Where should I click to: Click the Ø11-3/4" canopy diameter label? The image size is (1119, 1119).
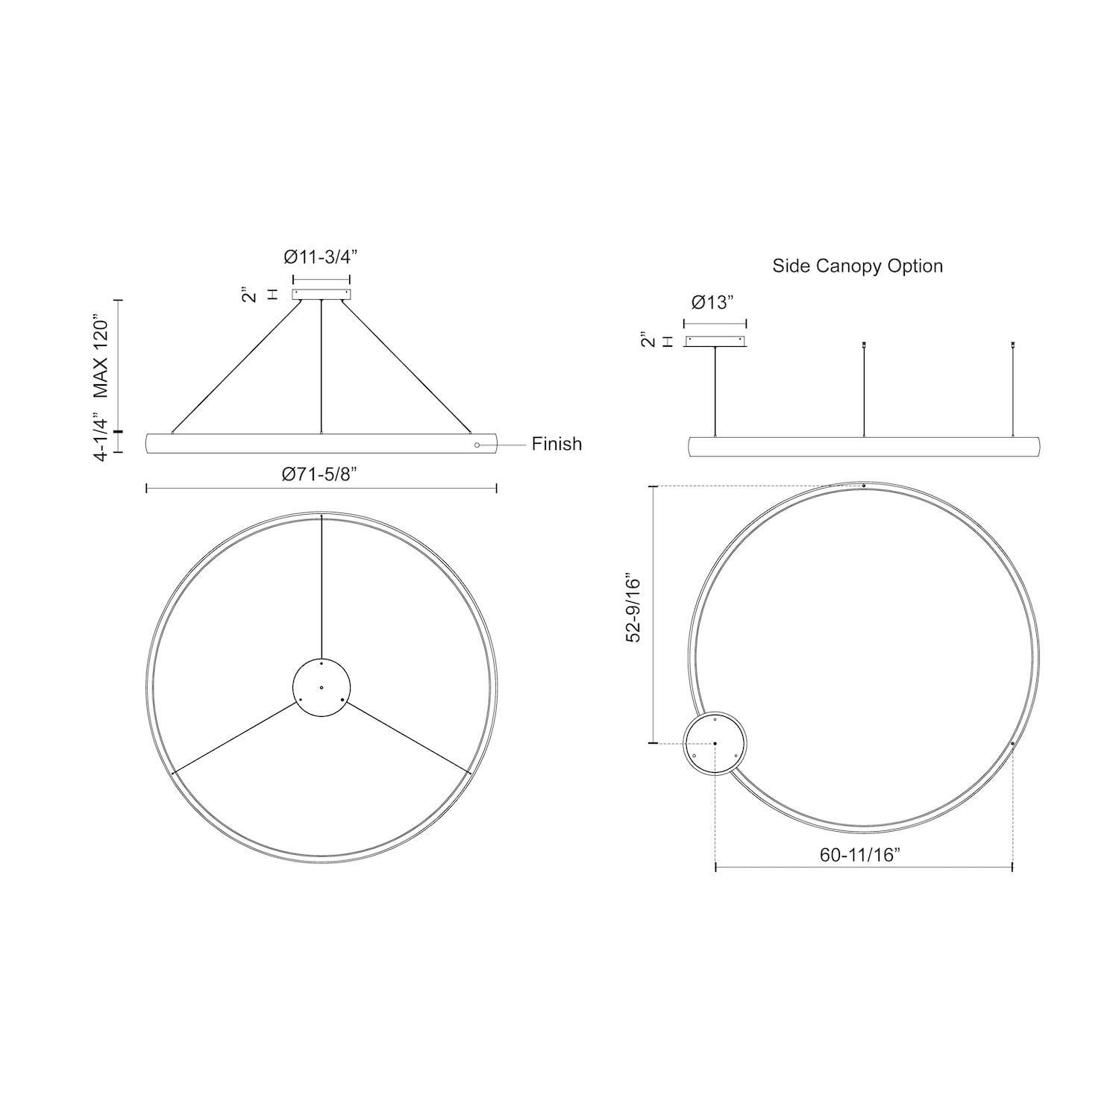(321, 257)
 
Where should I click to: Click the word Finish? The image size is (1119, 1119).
(557, 444)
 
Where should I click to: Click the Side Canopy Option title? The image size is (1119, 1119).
(857, 266)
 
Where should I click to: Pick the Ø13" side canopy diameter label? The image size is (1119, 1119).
(713, 302)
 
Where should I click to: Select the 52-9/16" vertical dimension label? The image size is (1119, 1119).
(633, 608)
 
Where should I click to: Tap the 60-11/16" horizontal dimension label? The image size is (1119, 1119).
(861, 855)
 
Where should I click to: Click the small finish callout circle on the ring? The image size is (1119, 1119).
(477, 445)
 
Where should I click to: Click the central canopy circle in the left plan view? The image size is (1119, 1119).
(321, 688)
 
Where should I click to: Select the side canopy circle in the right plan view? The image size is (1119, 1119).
(715, 744)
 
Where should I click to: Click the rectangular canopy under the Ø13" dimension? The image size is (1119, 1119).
(715, 342)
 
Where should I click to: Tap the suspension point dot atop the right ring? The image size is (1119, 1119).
(863, 486)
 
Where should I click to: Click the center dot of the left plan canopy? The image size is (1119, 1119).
(321, 687)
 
